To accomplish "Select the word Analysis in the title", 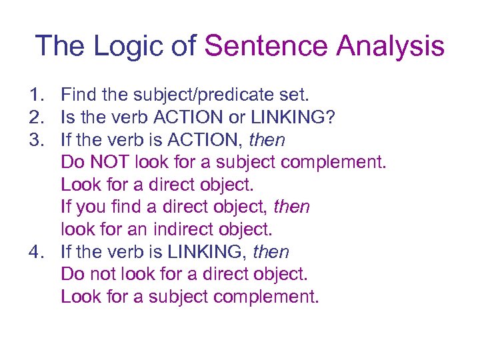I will click(x=391, y=46).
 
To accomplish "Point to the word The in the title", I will click(x=59, y=46).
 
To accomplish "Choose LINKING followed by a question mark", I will click(x=297, y=118).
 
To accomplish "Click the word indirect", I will click(x=182, y=229).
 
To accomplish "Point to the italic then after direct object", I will click(x=292, y=207).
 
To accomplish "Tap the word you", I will click(x=89, y=207).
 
